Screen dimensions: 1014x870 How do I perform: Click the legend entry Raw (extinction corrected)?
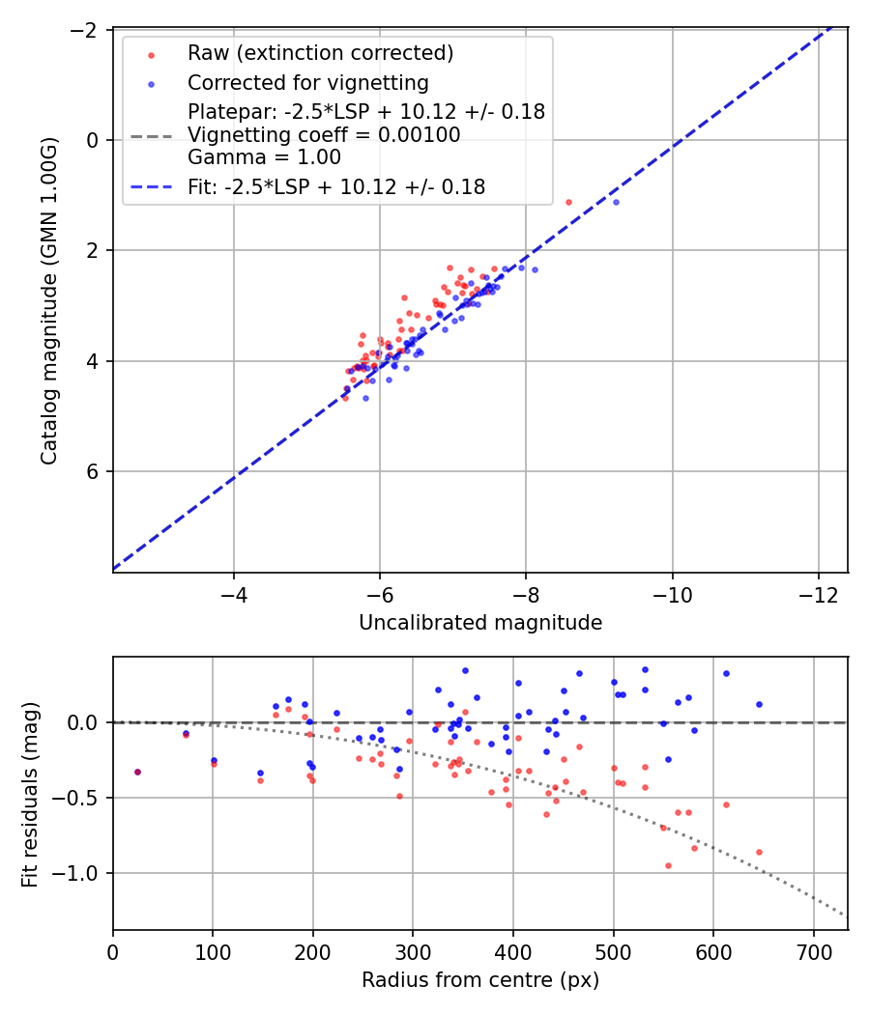pos(320,52)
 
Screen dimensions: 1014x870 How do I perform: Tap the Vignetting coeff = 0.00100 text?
pos(324,134)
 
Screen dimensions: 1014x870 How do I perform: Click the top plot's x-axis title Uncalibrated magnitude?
pos(480,623)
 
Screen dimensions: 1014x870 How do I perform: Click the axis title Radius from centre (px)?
pos(480,980)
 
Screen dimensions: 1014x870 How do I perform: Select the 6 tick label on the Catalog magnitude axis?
pos(93,471)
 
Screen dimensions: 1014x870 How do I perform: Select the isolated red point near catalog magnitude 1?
pos(568,202)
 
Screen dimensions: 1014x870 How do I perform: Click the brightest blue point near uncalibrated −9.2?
pos(616,202)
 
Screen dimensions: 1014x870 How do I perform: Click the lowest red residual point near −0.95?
pos(668,865)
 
